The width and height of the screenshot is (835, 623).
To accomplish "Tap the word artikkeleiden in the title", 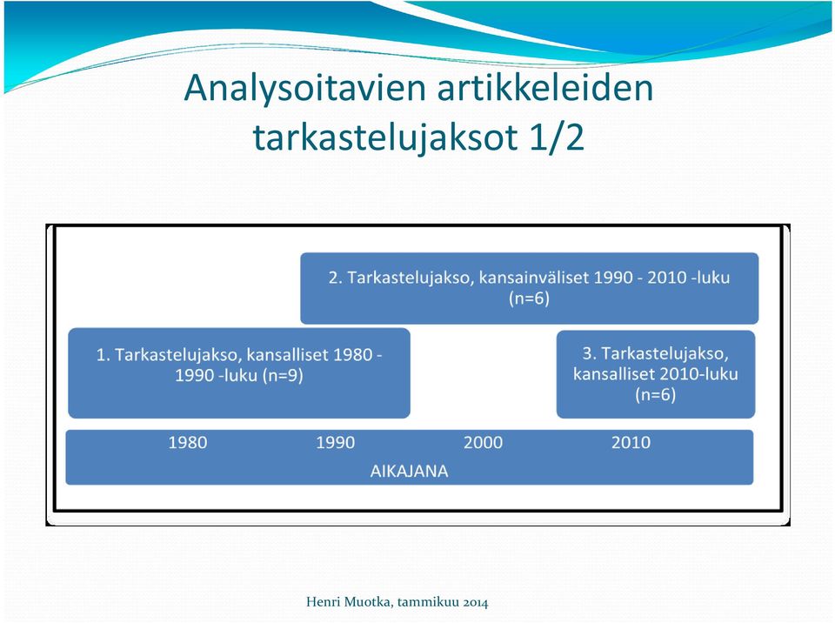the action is coord(545,87).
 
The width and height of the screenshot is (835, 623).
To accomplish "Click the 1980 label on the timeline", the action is coord(188,442).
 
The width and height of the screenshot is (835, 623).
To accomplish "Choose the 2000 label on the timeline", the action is coord(483,442).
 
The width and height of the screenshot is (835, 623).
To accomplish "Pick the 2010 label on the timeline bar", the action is coord(631,442).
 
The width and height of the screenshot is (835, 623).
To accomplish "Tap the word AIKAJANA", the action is coord(409,471).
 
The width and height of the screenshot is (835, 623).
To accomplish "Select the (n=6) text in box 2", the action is coord(529,298).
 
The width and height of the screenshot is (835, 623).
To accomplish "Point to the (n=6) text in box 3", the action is coord(656,394).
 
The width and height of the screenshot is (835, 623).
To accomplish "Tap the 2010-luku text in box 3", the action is coord(698,373).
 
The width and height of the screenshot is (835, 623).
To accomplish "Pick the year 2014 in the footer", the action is coord(476,603).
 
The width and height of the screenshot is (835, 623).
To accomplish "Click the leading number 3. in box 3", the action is coord(589,353).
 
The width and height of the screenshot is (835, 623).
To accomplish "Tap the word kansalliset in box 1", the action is coord(287,355).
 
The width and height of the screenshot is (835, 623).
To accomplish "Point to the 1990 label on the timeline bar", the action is coord(336,442).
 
